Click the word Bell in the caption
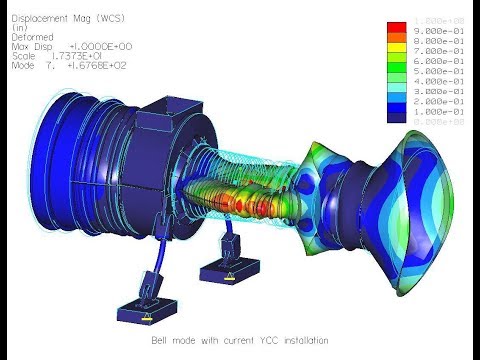(160, 341)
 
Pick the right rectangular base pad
(229, 272)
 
